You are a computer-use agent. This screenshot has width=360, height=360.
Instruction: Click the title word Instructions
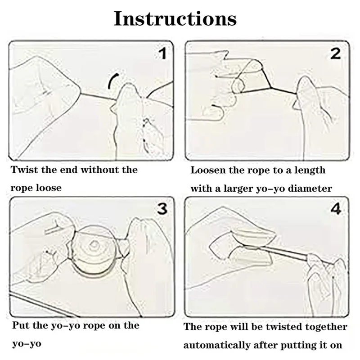tap(175, 18)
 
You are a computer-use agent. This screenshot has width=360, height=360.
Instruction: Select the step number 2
tap(335, 54)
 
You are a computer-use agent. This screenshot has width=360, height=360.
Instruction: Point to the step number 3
tap(162, 209)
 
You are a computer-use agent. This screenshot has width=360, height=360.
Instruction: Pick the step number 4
tap(336, 209)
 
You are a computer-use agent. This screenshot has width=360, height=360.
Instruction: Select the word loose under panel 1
tap(49, 188)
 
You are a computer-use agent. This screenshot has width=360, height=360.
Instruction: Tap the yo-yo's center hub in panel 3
tap(93, 246)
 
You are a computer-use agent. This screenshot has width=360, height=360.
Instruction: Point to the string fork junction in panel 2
tap(271, 88)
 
